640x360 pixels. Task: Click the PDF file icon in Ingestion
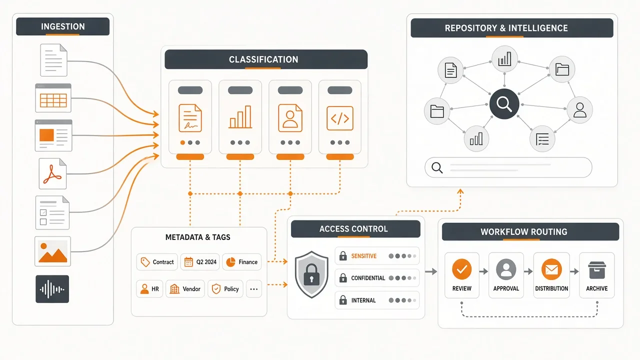coord(52,173)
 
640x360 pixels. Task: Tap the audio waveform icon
coord(52,289)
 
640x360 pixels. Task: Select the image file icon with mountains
coord(52,251)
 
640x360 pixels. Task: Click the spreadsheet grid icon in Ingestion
coord(53,98)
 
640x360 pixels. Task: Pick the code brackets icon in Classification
coord(339,118)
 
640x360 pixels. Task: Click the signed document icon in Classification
coord(190,118)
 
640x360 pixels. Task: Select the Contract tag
coord(157,262)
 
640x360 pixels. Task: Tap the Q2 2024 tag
coord(200,262)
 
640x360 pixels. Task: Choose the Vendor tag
coord(185,289)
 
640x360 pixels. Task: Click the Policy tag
coord(225,289)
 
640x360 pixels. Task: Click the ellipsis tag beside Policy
coord(253,289)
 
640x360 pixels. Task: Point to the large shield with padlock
coord(311,274)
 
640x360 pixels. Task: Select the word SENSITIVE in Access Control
coord(363,256)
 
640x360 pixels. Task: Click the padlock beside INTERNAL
coord(343,300)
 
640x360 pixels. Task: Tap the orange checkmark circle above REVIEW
coord(461,269)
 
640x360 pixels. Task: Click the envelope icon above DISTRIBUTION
coord(551,269)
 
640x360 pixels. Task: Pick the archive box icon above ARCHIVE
coord(597,270)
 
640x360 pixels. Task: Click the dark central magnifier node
coord(504,103)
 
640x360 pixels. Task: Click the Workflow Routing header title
coord(523,231)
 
